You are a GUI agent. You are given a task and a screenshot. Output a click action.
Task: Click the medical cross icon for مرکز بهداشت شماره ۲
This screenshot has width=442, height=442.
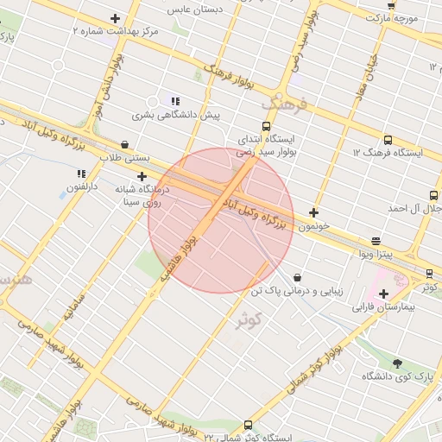click(116, 18)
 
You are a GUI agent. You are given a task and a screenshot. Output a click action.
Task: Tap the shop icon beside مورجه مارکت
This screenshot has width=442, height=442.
click(391, 4)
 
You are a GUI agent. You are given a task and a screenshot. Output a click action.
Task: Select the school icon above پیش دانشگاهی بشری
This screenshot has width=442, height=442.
click(175, 101)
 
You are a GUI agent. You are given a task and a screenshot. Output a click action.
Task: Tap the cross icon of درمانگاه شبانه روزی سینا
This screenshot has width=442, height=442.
click(142, 177)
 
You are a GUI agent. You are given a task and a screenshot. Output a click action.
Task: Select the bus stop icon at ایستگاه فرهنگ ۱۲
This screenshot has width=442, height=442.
click(387, 139)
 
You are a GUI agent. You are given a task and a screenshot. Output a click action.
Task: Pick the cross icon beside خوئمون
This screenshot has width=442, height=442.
click(313, 212)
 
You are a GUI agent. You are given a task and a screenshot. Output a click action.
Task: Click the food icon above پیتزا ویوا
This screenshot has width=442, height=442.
click(376, 241)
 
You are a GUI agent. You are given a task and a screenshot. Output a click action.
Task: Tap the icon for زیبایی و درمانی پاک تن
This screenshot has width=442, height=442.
click(298, 278)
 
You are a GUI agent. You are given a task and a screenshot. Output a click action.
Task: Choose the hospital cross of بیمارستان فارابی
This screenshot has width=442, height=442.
click(383, 294)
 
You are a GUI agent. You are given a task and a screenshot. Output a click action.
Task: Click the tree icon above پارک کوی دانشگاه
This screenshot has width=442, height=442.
click(397, 363)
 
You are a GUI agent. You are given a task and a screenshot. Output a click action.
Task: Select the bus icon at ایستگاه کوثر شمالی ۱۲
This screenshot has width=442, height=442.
click(249, 425)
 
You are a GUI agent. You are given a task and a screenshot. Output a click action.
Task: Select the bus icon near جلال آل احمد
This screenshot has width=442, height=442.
click(433, 195)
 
